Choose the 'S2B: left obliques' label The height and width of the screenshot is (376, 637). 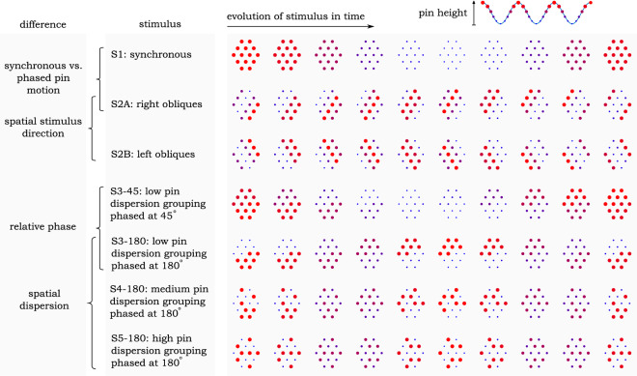pos(154,154)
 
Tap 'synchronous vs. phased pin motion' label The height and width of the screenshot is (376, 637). pos(42,74)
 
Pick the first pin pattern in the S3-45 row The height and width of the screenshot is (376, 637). pos(244,203)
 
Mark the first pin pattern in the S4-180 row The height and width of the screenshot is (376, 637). pos(244,304)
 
